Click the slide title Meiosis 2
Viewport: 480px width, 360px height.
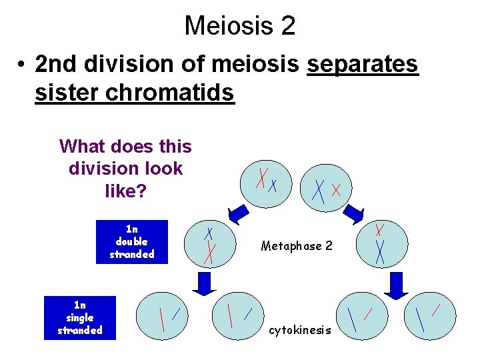(x=240, y=26)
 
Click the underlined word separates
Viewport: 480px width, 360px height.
(x=362, y=65)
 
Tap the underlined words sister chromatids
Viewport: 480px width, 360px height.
(x=135, y=93)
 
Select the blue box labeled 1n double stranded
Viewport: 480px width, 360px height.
(x=131, y=241)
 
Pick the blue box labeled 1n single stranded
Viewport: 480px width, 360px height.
(x=80, y=318)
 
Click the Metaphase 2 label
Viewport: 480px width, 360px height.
(x=297, y=246)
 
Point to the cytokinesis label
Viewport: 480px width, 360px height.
(x=300, y=330)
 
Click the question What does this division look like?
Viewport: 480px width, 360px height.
(x=125, y=169)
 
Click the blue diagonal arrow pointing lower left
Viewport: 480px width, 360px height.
(x=238, y=214)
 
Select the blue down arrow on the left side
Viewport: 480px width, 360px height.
(x=205, y=283)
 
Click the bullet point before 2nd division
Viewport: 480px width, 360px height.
(x=23, y=65)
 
